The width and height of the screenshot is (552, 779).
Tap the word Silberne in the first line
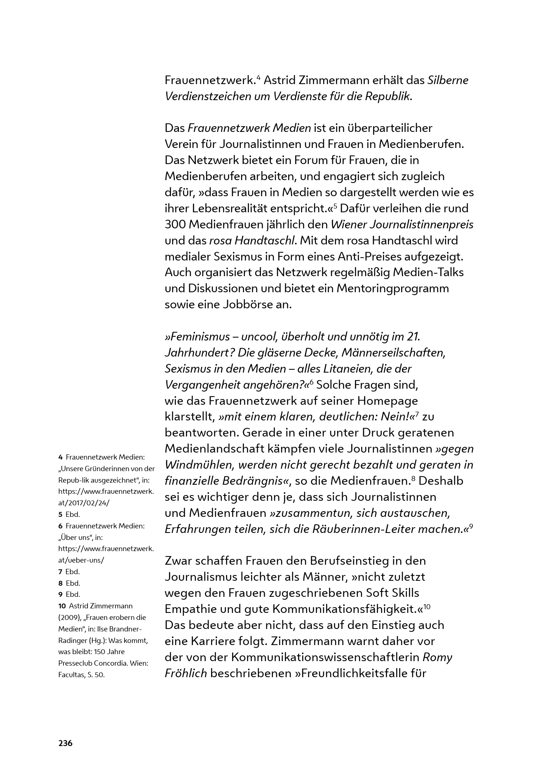pyautogui.click(x=448, y=80)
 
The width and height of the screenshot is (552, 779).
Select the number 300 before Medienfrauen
pyautogui.click(x=176, y=225)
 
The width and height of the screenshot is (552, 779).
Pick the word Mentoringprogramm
pyautogui.click(x=392, y=289)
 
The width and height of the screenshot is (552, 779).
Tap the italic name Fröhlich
pyautogui.click(x=186, y=673)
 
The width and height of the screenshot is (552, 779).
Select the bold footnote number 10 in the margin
pyautogui.click(x=62, y=606)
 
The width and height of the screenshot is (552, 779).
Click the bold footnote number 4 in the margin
pyautogui.click(x=60, y=457)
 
